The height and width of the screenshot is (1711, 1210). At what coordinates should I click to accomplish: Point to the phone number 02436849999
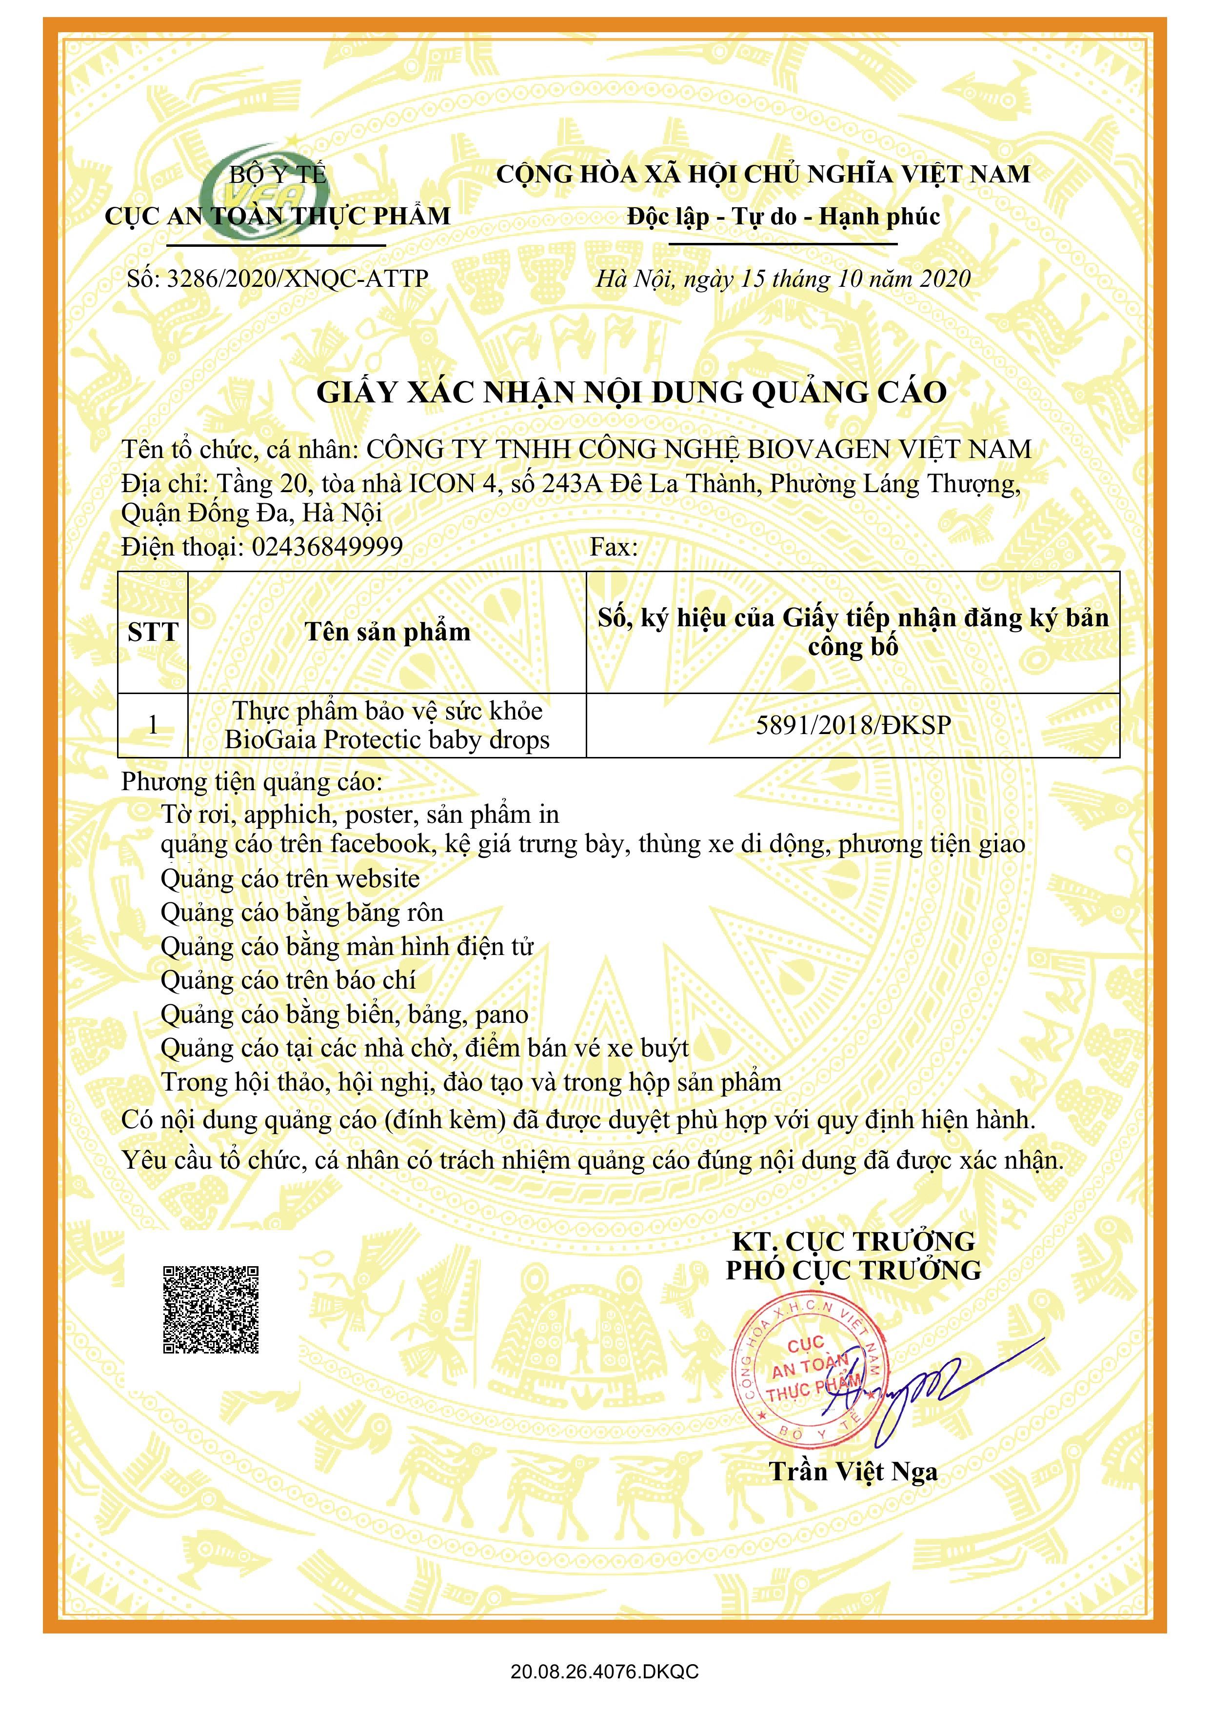click(x=327, y=547)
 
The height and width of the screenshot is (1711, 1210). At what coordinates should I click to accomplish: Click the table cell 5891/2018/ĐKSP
click(x=853, y=725)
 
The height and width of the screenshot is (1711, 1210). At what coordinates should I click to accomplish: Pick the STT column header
click(x=153, y=632)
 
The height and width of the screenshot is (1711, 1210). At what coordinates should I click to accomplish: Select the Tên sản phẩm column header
click(x=387, y=632)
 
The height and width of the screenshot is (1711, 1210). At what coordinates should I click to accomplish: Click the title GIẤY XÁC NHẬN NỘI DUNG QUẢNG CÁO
click(x=631, y=393)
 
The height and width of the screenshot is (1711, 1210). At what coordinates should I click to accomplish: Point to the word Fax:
click(x=614, y=547)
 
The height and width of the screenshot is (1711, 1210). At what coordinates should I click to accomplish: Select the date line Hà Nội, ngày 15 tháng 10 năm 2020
click(x=783, y=279)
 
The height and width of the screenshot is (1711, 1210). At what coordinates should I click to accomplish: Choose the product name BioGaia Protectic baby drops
click(x=387, y=740)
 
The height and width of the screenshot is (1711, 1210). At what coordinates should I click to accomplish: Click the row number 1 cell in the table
click(x=153, y=725)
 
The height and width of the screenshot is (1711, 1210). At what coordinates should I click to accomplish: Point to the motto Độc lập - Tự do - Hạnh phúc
click(x=783, y=217)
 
